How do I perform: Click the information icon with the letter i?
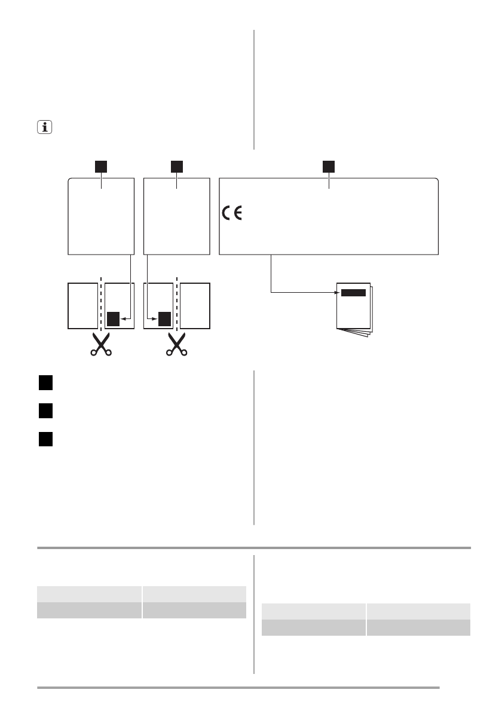pos(43,127)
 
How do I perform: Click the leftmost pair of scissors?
pos(101,344)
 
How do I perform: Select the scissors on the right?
pos(176,344)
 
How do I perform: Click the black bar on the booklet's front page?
pos(353,293)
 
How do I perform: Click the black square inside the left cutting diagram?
pos(113,319)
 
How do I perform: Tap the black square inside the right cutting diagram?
pos(165,319)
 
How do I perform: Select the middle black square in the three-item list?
pos(46,411)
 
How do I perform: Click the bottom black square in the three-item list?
pos(46,439)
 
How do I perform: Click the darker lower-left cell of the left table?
pos(90,610)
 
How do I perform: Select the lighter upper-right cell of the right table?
pos(418,611)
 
